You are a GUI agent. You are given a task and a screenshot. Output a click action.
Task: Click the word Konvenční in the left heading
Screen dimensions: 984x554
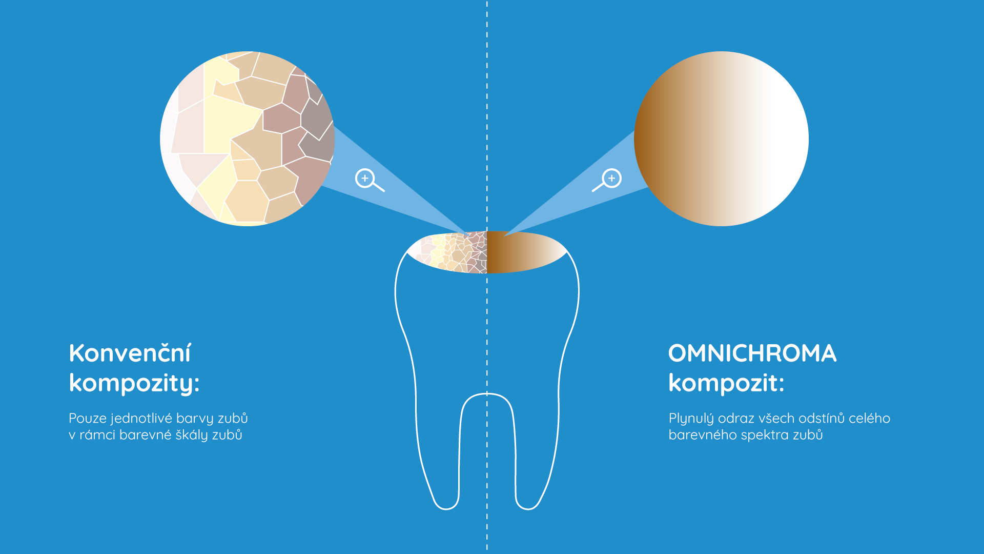130,353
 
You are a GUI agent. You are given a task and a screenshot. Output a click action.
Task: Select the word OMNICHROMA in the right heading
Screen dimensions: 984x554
752,353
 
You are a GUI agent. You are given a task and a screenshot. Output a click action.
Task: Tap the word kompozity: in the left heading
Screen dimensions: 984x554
134,383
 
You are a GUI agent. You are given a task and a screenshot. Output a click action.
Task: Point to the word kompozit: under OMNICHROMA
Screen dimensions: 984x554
726,383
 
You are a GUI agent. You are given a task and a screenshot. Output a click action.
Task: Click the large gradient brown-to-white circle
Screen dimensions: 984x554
721,138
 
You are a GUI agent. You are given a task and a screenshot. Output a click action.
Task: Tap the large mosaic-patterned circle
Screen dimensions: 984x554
248,138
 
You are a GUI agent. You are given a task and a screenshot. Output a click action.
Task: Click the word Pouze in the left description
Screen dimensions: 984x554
88,418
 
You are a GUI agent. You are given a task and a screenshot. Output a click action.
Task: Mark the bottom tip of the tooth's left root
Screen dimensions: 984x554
446,509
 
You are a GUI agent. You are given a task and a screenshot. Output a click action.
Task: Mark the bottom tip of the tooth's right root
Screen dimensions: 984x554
528,509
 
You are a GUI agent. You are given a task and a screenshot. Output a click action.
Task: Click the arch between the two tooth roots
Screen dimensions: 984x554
487,394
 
